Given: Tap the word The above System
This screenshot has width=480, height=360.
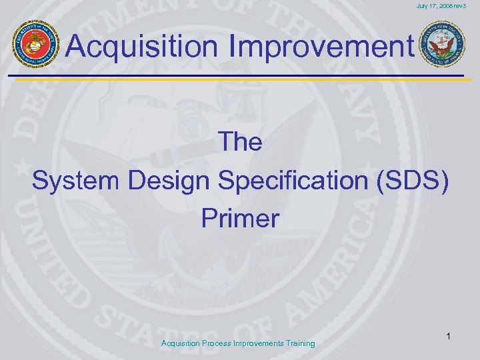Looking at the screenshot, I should point(240,142).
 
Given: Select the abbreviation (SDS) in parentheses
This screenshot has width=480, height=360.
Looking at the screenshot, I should point(415,181).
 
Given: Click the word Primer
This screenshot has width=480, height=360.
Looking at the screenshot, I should point(240,219).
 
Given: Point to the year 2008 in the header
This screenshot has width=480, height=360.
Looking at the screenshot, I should point(451,6).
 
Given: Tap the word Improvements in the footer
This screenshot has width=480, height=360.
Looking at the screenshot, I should point(256,343).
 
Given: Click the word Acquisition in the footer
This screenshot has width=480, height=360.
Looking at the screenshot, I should point(183,343).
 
